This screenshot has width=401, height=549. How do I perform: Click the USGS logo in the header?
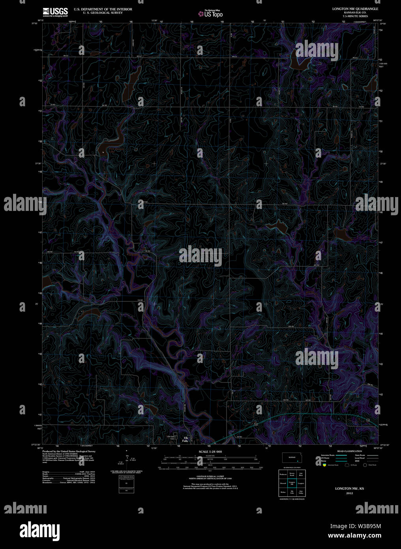tap(55, 12)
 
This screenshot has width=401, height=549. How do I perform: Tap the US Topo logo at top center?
tap(211, 14)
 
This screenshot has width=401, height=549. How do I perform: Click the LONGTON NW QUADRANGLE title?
tap(355, 9)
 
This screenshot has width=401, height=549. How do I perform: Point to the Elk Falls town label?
tap(185, 439)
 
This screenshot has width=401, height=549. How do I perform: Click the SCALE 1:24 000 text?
tap(210, 451)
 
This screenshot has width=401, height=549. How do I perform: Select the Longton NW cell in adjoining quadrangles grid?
tap(292, 483)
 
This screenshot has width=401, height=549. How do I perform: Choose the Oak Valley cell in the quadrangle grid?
tap(301, 493)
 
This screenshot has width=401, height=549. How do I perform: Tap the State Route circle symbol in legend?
tap(365, 465)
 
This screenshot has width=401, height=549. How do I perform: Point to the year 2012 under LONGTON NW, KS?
tap(349, 493)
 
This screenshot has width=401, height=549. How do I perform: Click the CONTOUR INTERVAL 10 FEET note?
tap(210, 477)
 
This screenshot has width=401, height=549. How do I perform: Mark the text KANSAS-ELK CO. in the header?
tap(355, 13)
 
